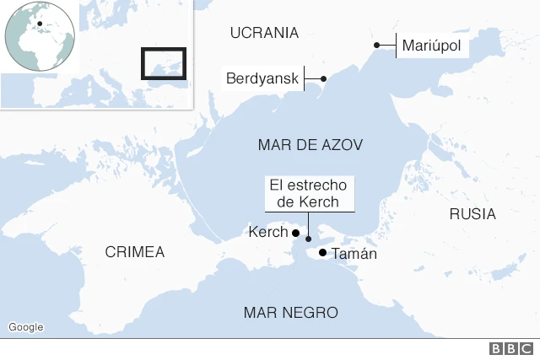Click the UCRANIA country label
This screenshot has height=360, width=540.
[x=264, y=33]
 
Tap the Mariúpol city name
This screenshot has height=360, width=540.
[x=431, y=46]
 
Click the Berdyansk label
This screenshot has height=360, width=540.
[x=263, y=79]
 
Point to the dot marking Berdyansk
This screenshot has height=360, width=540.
[x=323, y=78]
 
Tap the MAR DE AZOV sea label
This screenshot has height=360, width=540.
[x=310, y=145]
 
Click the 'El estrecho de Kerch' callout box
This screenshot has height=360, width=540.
[x=309, y=193]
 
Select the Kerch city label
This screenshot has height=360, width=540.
[x=267, y=233]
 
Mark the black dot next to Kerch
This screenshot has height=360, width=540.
[x=295, y=233]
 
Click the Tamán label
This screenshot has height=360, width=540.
[x=354, y=253]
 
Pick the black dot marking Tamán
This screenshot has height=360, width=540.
[x=323, y=252]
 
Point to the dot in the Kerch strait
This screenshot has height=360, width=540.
[x=308, y=239]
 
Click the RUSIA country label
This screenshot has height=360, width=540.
[x=472, y=214]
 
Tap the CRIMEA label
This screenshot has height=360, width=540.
[x=135, y=252]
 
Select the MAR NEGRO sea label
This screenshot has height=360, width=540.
[x=291, y=313]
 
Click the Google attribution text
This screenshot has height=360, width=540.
[x=25, y=327]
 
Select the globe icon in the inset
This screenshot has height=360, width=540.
[x=40, y=39]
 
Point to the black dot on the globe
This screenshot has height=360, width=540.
[x=40, y=24]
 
